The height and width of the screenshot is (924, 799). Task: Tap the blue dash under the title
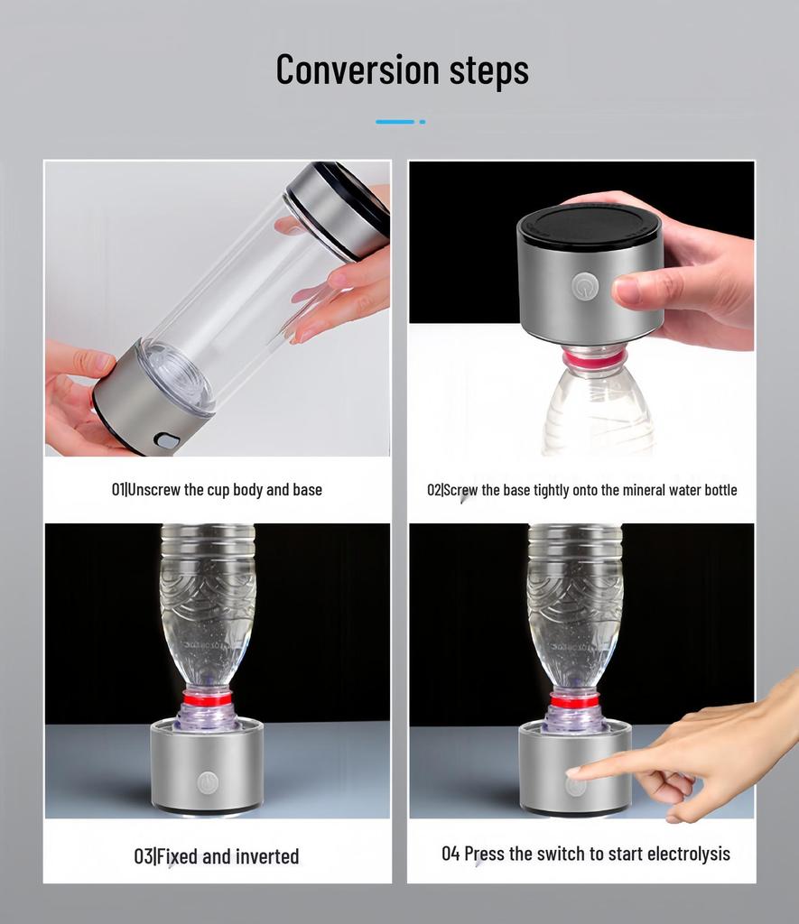[x=395, y=122]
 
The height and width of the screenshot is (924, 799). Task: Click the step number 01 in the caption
[x=117, y=490]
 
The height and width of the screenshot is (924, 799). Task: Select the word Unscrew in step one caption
[x=153, y=490]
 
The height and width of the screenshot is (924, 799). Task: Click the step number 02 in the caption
[x=433, y=490]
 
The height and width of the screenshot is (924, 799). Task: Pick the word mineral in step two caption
[x=641, y=490]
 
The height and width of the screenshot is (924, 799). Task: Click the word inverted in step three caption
[x=263, y=856]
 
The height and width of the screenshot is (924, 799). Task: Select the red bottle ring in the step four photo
[x=575, y=700]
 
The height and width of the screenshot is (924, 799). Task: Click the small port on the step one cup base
[x=167, y=439]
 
